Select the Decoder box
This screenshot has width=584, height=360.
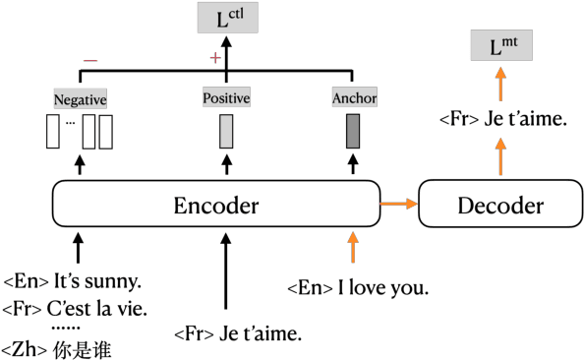tap(499, 206)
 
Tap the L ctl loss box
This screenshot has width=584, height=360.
tap(227, 18)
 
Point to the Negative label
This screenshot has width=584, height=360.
tap(80, 99)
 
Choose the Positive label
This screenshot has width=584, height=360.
tap(226, 98)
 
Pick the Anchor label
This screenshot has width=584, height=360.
tap(353, 98)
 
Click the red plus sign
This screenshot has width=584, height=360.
tap(215, 58)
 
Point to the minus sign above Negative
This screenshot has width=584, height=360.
tap(89, 60)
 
